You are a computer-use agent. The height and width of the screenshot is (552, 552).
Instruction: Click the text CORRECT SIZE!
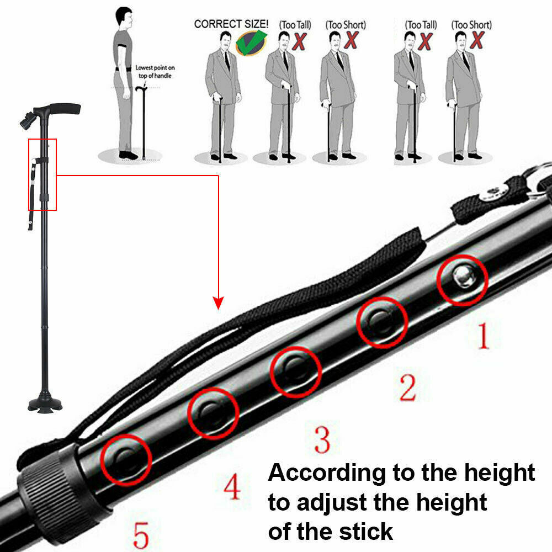[x=231, y=24]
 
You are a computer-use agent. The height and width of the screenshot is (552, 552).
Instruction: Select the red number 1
[x=484, y=337]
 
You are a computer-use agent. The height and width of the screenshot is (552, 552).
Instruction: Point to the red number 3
[x=322, y=440]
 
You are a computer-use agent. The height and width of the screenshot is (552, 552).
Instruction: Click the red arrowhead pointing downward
[x=219, y=302]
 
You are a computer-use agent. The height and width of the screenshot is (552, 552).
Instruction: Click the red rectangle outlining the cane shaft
[x=43, y=174]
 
